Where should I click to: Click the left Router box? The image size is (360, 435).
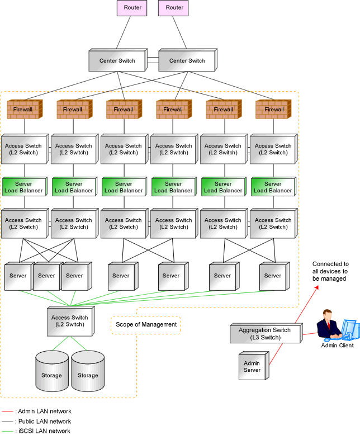(x=132, y=8)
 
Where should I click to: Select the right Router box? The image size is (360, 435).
(x=174, y=8)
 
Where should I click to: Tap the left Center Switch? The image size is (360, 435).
(x=117, y=60)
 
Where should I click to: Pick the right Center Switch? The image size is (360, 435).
(x=187, y=60)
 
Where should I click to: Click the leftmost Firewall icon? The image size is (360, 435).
(x=23, y=110)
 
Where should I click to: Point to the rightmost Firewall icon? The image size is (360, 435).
(x=273, y=110)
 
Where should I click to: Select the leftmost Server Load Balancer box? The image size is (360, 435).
(x=23, y=187)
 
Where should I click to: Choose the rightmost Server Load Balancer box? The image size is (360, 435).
(x=272, y=187)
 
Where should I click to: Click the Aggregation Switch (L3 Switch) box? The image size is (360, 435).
(x=264, y=334)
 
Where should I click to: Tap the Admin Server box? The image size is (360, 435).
(x=252, y=367)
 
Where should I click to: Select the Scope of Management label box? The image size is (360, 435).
(x=146, y=325)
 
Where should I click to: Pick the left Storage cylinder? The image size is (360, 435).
(x=51, y=371)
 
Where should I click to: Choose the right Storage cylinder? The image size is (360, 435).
(x=88, y=371)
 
